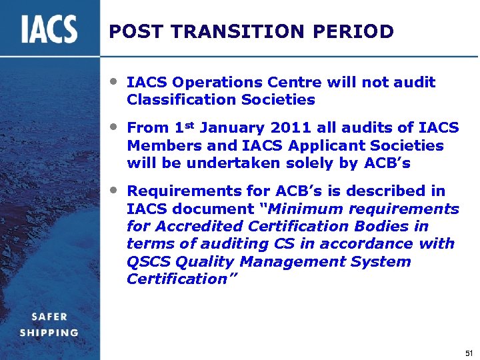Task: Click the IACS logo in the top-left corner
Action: coord(49,30)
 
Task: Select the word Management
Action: coord(290,261)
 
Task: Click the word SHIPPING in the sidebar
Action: coord(49,333)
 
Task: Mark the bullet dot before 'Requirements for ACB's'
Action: coord(115,189)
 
